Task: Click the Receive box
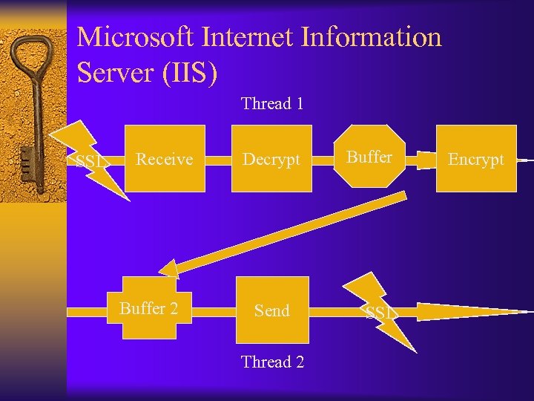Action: [x=165, y=159]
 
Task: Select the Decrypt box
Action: [x=271, y=159]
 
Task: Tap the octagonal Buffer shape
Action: [x=369, y=158]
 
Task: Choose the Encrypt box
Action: [x=476, y=159]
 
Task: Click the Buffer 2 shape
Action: [x=150, y=308]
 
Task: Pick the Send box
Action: [x=271, y=310]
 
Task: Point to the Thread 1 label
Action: [x=272, y=104]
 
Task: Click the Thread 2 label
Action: [x=272, y=362]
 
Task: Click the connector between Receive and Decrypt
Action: [x=219, y=159]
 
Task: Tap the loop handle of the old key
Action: [x=30, y=56]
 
